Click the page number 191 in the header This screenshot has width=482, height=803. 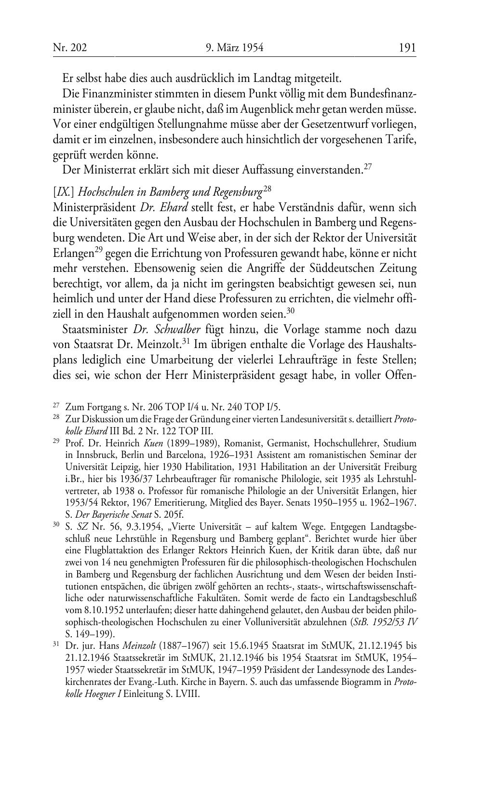tap(407, 48)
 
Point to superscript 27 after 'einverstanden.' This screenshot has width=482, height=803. tap(367, 167)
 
